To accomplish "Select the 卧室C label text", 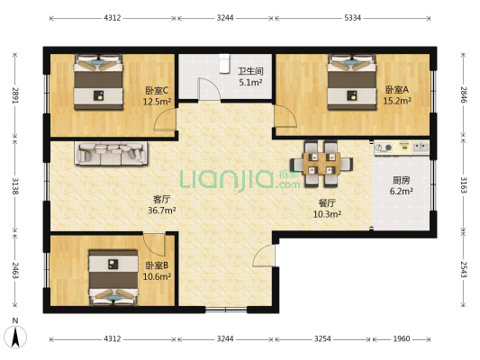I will click(x=157, y=90).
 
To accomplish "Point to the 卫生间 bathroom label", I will click(x=250, y=71).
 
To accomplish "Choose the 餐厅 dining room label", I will click(x=325, y=202).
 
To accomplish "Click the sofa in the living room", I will click(x=112, y=154).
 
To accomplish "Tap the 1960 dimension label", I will click(x=401, y=339).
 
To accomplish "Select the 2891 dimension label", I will click(x=15, y=94).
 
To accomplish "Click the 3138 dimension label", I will click(x=15, y=186).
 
